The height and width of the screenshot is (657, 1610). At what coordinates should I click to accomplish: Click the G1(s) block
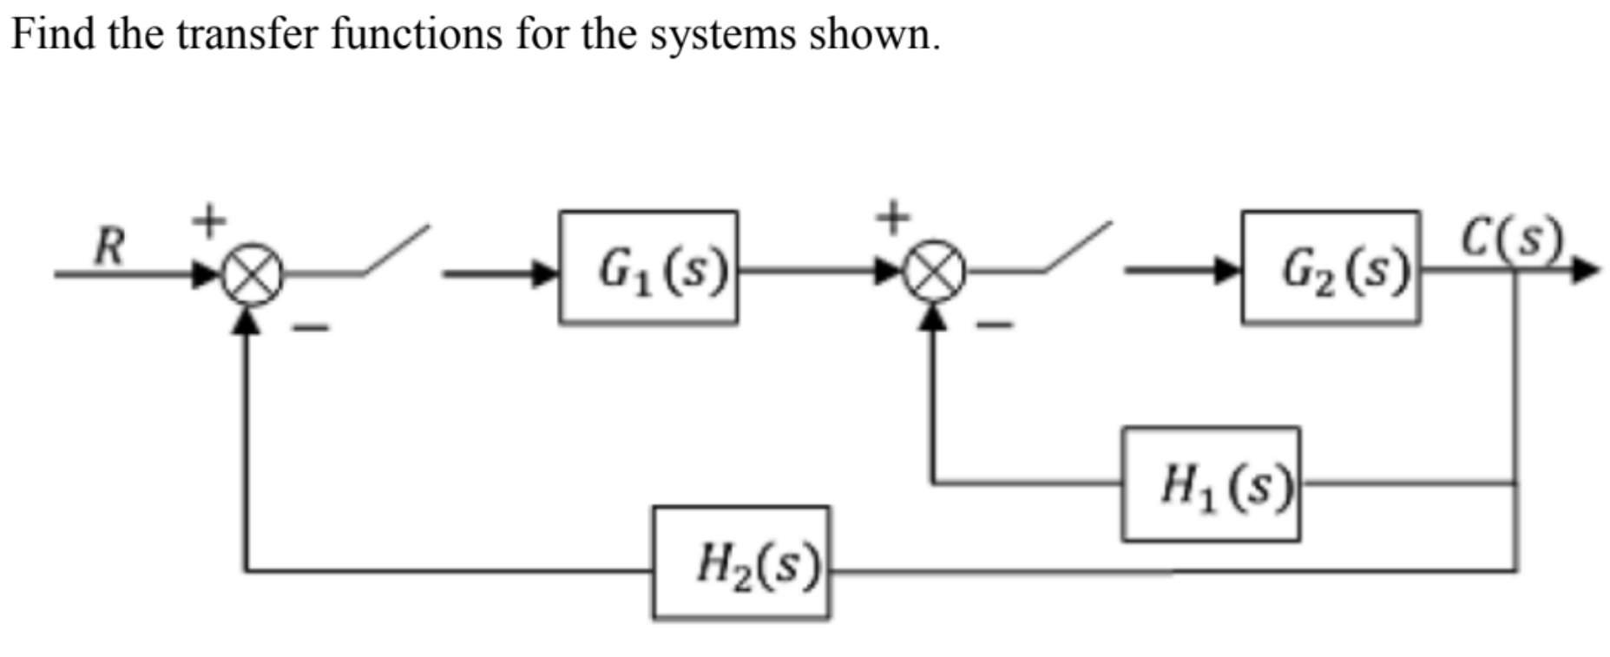tap(647, 267)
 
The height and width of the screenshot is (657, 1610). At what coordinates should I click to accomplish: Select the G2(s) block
tap(1330, 267)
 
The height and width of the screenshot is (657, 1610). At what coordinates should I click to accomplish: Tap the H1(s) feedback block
tap(1210, 484)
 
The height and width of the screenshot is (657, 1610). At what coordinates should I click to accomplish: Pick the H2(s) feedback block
tap(740, 562)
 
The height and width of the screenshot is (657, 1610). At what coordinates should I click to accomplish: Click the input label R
tap(109, 246)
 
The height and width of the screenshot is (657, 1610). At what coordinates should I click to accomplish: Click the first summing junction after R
tap(252, 275)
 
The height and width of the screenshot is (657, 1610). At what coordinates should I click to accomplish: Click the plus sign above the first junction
tap(208, 220)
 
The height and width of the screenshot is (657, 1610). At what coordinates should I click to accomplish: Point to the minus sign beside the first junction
tap(310, 328)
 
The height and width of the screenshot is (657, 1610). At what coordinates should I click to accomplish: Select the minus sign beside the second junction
tap(996, 326)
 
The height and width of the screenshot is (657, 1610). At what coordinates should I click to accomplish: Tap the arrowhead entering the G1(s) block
tap(545, 274)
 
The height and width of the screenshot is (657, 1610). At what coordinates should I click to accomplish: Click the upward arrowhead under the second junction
tap(933, 318)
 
